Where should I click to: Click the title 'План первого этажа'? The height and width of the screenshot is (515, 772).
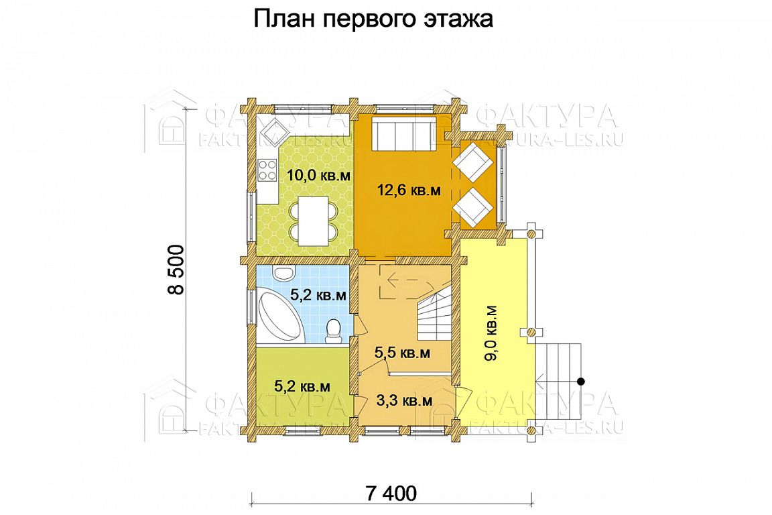point(373,19)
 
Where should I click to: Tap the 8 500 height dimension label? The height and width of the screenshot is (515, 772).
point(176,269)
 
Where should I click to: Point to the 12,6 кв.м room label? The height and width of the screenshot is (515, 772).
point(409,190)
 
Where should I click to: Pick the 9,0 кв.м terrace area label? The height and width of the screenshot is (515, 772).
point(491,333)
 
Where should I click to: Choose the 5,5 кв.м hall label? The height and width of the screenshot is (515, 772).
point(402,353)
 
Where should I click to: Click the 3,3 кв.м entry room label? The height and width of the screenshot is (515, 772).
point(405,400)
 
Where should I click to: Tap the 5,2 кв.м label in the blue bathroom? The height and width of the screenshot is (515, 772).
point(318,295)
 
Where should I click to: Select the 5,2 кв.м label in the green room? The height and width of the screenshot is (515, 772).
point(302,386)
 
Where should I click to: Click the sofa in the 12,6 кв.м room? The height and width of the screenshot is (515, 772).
point(403,131)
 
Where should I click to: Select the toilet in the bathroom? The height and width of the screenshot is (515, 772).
point(334,330)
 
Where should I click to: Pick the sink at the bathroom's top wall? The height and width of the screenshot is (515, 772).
point(283,273)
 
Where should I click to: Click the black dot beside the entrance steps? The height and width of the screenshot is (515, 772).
point(581,381)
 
